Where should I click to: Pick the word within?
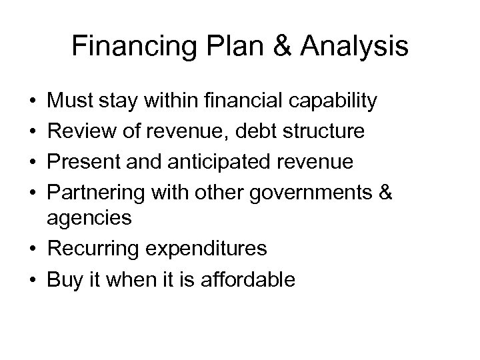171,102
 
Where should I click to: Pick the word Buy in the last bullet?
64,279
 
